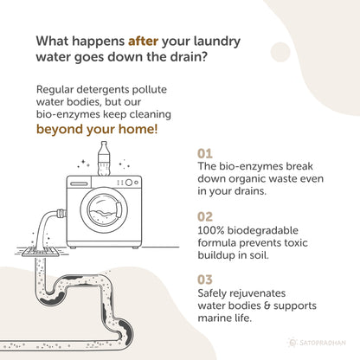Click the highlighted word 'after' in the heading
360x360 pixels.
click(143, 41)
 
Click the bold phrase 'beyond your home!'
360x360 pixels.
click(97, 129)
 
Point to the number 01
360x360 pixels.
click(205, 154)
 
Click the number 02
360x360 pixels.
click(205, 217)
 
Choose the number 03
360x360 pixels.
click(205, 280)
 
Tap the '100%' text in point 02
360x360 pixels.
click(211, 230)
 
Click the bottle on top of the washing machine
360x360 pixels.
click(104, 158)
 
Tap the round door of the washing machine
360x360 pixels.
click(104, 210)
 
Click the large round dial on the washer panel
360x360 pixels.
click(129, 183)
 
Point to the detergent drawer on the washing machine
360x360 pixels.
click(80, 183)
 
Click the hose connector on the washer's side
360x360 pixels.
click(61, 214)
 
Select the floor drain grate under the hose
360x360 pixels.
click(41, 252)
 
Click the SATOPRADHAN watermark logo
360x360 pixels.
click(318, 343)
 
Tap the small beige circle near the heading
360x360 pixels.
click(280, 52)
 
